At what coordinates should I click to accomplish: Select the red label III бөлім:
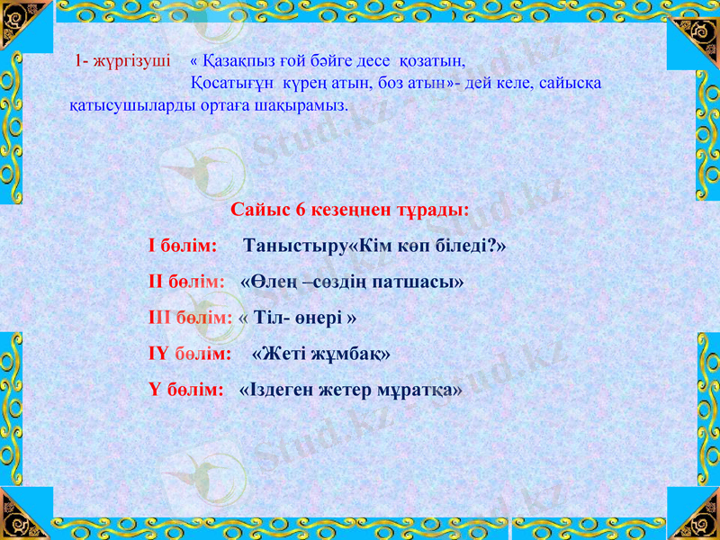(x=190, y=318)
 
